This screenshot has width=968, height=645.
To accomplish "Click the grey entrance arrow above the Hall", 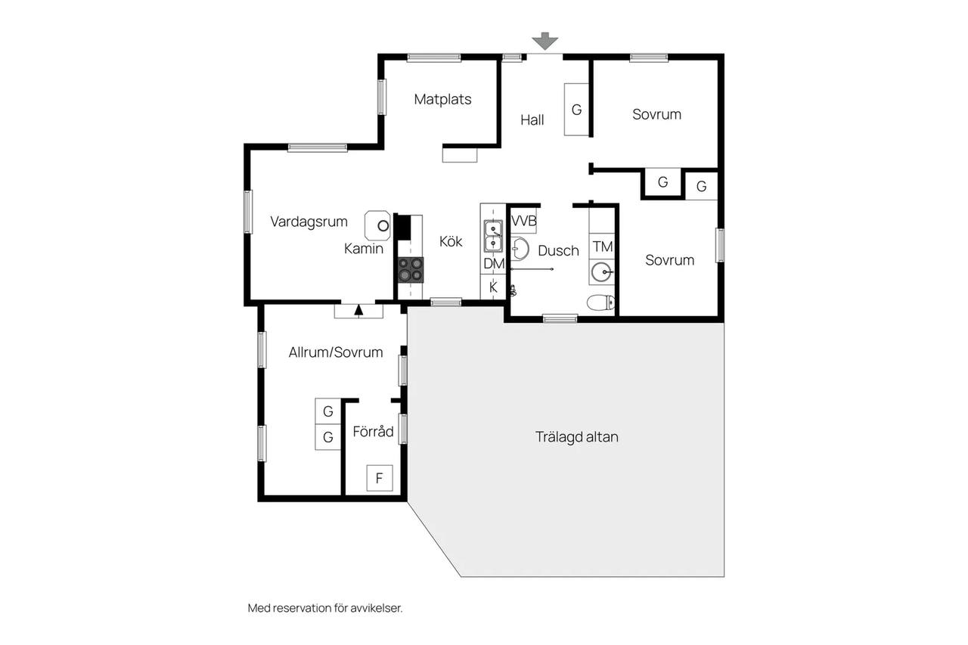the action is click(545, 41).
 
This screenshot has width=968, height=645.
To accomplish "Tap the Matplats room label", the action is click(442, 99).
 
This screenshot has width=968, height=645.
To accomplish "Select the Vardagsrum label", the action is click(309, 222).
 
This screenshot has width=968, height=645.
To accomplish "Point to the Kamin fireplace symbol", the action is click(377, 225).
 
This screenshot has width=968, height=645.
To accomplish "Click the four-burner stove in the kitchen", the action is click(411, 270).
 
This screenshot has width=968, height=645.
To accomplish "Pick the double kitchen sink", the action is click(493, 236).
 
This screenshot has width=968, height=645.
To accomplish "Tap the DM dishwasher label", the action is click(494, 264).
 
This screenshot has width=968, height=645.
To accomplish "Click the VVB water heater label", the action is click(524, 222).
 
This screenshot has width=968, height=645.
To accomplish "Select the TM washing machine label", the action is click(603, 247).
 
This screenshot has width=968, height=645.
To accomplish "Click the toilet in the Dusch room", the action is click(600, 302).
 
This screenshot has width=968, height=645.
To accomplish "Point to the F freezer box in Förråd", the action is click(380, 478).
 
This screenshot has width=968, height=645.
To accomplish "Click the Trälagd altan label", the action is click(577, 437).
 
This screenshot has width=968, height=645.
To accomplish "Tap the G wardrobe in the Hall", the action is click(576, 110).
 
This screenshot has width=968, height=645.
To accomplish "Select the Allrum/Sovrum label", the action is click(336, 352).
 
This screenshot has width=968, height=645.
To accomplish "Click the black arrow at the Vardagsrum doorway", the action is click(358, 310).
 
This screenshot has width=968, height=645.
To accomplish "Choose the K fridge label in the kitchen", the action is click(493, 287).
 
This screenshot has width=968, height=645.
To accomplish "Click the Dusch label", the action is click(558, 250).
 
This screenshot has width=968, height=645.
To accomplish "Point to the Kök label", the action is click(451, 241).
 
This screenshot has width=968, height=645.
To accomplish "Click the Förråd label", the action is click(373, 432).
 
